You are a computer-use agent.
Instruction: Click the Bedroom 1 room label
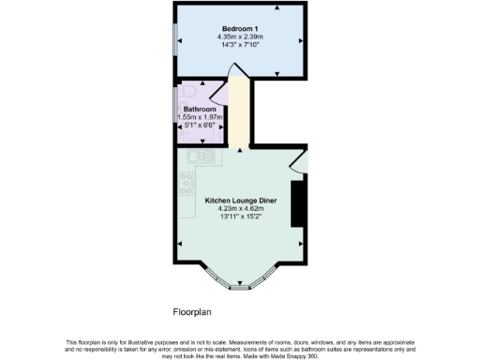(x=240, y=28)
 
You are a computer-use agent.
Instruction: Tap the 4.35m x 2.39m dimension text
(x=240, y=37)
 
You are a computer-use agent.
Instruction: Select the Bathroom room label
(x=198, y=108)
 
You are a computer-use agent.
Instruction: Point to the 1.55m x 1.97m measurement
(x=198, y=116)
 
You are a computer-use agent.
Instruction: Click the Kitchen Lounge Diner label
(x=240, y=200)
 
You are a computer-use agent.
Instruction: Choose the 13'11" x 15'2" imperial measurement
(x=240, y=217)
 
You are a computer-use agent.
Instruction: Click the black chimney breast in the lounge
(x=297, y=203)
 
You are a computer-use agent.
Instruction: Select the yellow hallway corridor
(x=239, y=112)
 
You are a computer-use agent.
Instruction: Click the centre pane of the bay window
(x=240, y=287)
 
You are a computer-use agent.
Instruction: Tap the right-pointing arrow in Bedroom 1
(x=301, y=40)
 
